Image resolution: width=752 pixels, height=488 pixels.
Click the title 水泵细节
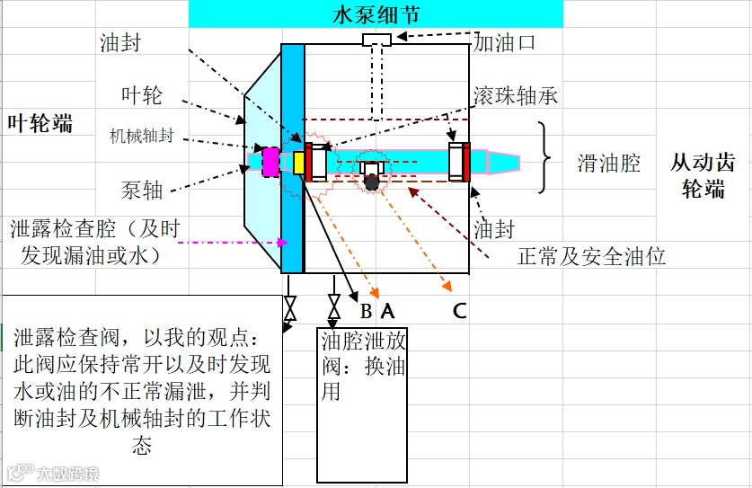pos(376,14)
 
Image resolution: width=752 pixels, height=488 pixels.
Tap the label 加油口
pos(505,41)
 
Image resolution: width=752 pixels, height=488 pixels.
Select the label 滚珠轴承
pos(515,95)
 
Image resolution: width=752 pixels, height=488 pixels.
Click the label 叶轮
pos(141,94)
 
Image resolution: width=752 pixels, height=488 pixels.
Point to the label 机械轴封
pos(141,137)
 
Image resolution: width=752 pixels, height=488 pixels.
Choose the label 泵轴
pos(142,190)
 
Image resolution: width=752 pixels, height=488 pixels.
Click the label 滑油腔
pos(608,163)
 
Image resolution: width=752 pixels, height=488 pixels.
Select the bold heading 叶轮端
pos(40,123)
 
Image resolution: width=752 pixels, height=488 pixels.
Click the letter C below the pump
pos(459,311)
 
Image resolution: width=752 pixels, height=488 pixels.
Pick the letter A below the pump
pos(387,311)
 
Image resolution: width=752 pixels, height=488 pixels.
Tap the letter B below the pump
pos(366,312)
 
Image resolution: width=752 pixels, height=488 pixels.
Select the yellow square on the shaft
pos(299,161)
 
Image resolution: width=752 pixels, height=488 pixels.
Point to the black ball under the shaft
pos(371,182)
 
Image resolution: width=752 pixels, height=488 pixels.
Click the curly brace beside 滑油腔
pos(544,158)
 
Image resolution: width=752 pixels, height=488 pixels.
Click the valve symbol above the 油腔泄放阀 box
pos(334,311)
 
